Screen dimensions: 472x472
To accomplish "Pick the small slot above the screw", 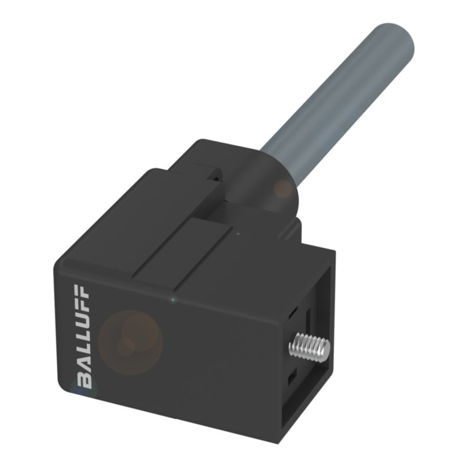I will click(x=293, y=313).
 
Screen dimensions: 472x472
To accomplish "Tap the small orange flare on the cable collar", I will click(x=284, y=189).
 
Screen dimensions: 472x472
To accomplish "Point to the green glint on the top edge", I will click(x=172, y=301).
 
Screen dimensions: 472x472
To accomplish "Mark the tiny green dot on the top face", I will click(x=237, y=234).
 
